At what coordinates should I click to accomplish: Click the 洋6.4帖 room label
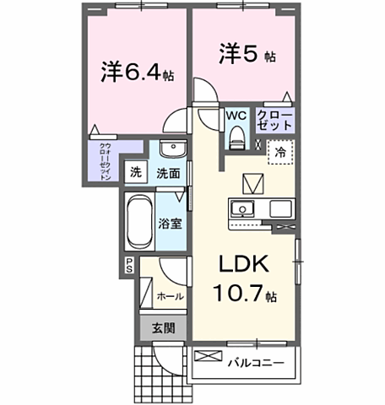tap(138, 74)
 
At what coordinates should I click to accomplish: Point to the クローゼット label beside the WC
tap(275, 119)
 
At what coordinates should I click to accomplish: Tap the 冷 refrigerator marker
tap(279, 153)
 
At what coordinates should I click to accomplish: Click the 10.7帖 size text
tap(244, 295)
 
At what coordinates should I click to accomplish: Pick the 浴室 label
tap(171, 224)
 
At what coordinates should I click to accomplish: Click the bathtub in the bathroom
tap(139, 221)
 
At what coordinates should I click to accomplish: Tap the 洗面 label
tap(167, 173)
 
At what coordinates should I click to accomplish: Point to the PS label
tap(130, 265)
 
